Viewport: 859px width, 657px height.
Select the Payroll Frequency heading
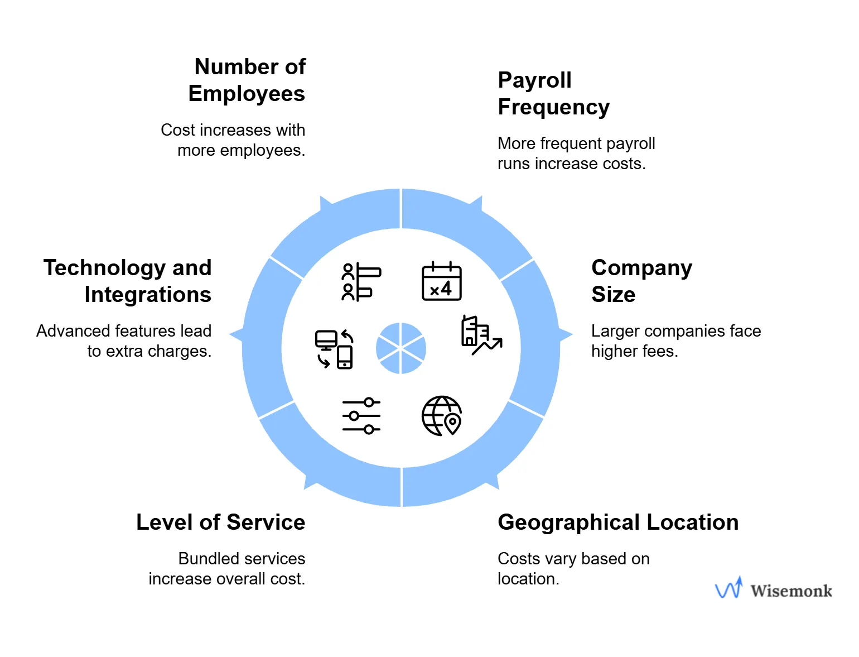553,94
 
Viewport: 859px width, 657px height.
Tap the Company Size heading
641,281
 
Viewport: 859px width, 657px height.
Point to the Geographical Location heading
618,522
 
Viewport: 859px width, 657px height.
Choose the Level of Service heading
221,522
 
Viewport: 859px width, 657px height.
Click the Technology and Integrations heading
128,281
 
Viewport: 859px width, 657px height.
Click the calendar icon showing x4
441,281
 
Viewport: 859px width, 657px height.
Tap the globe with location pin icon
441,416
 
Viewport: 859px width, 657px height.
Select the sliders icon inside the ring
361,416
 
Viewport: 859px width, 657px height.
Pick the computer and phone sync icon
334,349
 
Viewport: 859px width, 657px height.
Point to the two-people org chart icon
361,282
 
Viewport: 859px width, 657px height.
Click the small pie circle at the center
401,348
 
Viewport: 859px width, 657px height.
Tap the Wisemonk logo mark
729,588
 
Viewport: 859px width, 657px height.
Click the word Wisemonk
791,591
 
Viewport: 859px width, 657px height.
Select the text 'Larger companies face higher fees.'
675,341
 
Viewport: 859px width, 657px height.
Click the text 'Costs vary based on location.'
573,569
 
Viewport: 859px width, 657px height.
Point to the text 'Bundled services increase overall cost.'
227,569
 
